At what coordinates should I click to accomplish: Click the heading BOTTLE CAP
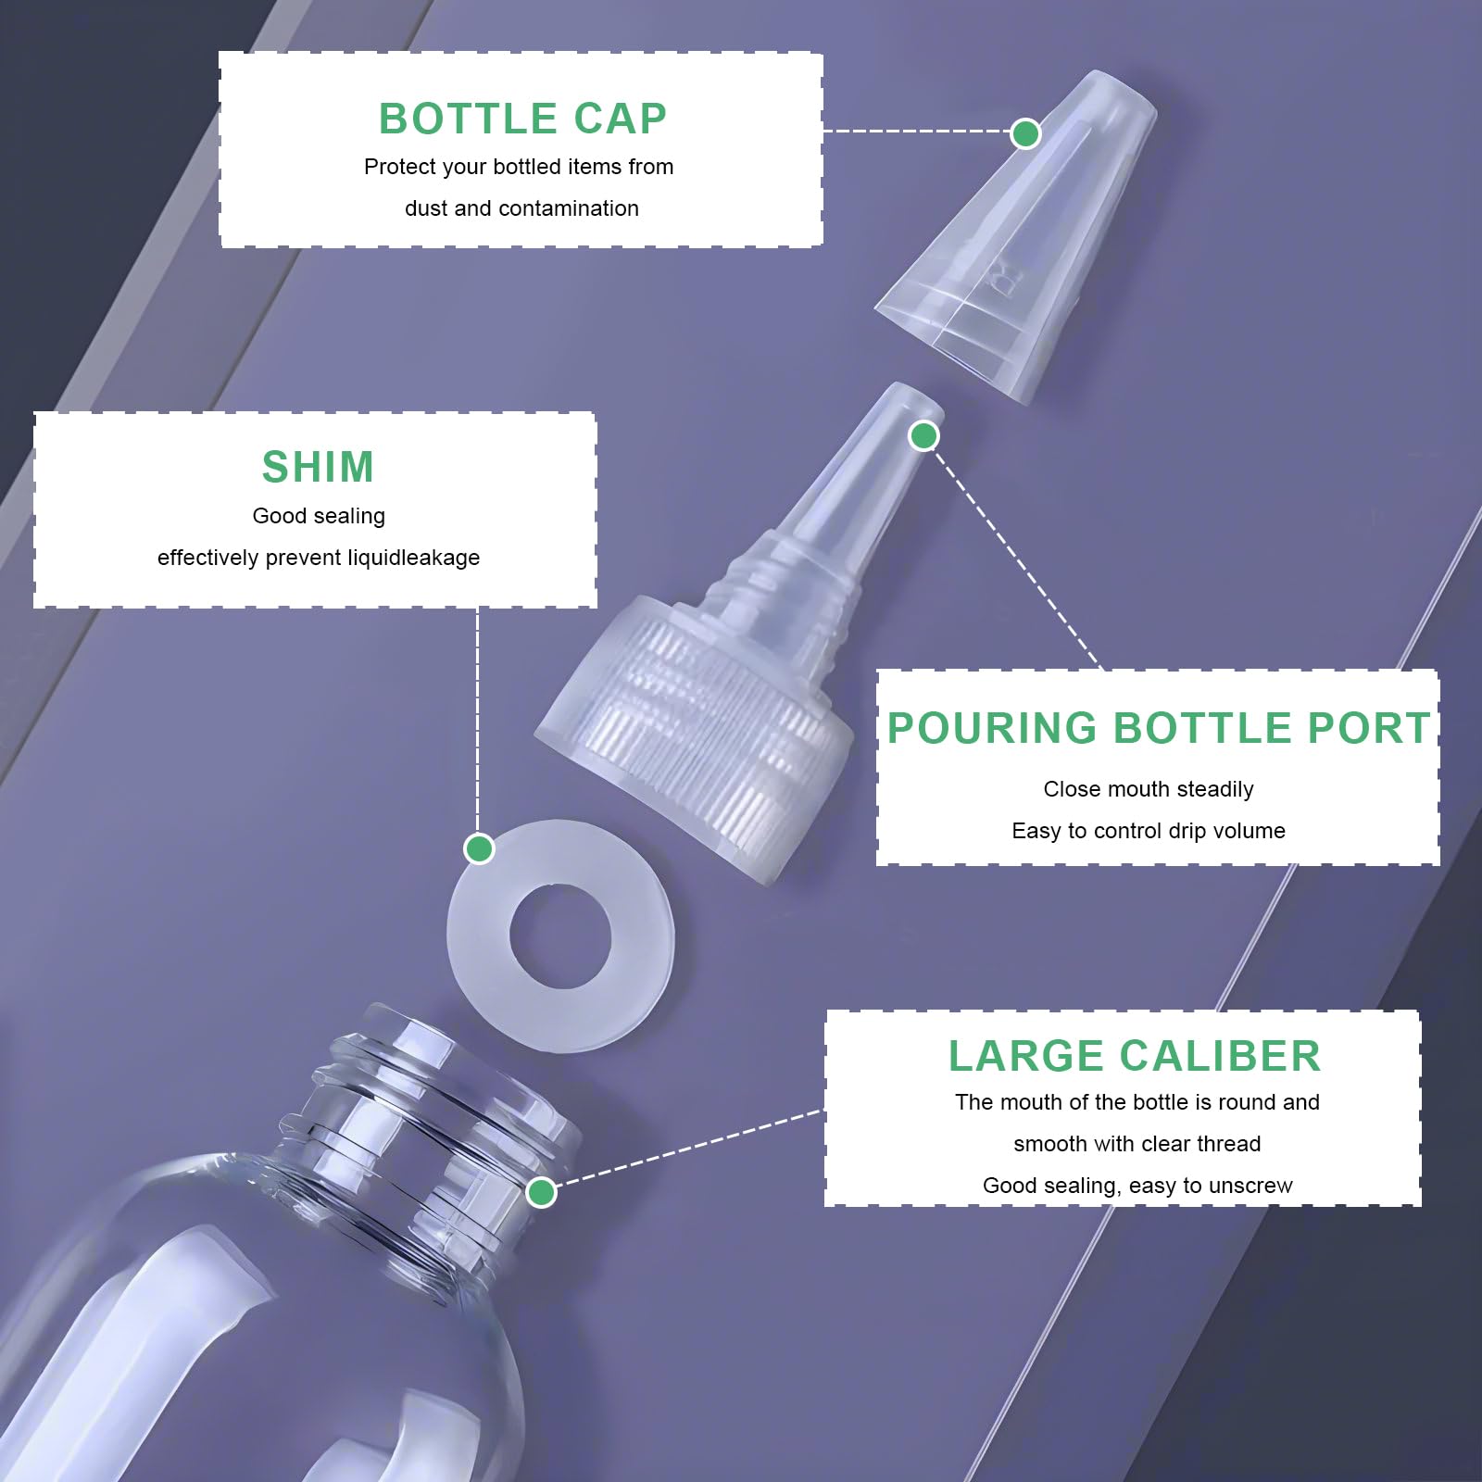pyautogui.click(x=522, y=119)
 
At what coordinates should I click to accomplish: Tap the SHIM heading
pyautogui.click(x=318, y=467)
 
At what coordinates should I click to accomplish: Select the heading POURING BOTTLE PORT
pyautogui.click(x=1159, y=728)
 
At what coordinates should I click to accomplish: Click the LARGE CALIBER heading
pyautogui.click(x=1135, y=1056)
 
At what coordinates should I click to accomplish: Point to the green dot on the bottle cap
pyautogui.click(x=1025, y=133)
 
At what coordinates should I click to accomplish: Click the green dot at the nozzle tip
pyautogui.click(x=923, y=435)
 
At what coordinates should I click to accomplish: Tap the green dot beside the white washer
pyautogui.click(x=479, y=848)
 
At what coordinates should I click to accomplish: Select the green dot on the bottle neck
pyautogui.click(x=541, y=1192)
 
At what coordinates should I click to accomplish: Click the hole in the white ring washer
pyautogui.click(x=560, y=936)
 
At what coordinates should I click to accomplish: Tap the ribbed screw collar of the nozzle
pyautogui.click(x=695, y=722)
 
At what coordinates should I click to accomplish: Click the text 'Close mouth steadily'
pyautogui.click(x=1149, y=789)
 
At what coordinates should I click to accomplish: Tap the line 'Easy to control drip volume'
pyautogui.click(x=1149, y=831)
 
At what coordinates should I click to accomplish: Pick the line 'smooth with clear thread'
pyautogui.click(x=1137, y=1144)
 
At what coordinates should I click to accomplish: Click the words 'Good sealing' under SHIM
pyautogui.click(x=319, y=516)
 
